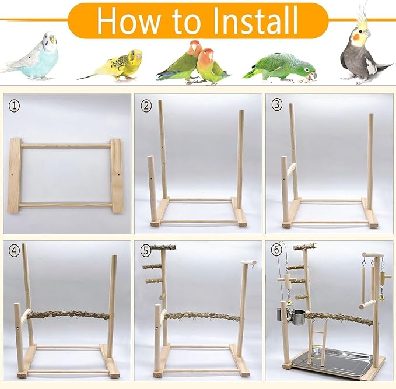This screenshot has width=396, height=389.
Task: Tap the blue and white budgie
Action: click(x=38, y=58)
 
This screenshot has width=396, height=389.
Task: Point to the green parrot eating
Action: click(x=280, y=67)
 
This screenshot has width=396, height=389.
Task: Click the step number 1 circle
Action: click(x=15, y=106)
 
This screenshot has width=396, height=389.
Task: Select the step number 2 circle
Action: click(x=146, y=106)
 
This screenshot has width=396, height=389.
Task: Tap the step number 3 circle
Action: click(x=277, y=106)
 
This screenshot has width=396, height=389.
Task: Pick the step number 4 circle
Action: click(x=15, y=252)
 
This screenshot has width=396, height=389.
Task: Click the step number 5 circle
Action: click(x=146, y=252)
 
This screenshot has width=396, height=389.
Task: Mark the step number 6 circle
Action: click(x=277, y=252)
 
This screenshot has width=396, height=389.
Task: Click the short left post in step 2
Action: click(x=152, y=187)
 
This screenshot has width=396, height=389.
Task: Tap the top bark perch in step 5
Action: click(x=163, y=247)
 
